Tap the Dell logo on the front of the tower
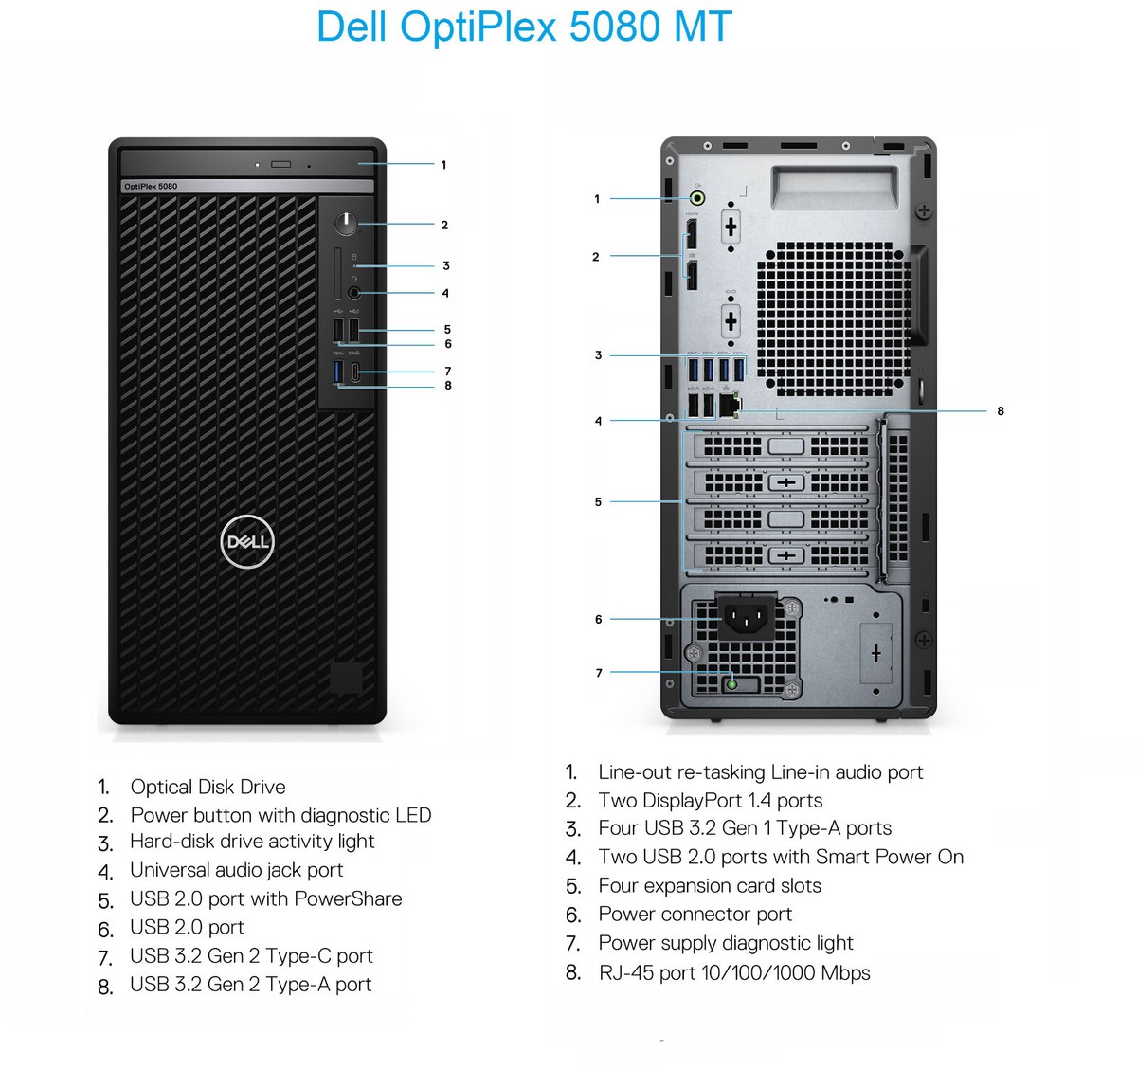point(247,541)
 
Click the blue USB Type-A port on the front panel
point(339,372)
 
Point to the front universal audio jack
point(354,293)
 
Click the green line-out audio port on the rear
point(697,198)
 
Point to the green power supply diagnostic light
point(731,682)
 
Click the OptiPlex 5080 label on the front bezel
point(151,186)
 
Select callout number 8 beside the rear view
point(1000,411)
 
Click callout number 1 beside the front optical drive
point(443,165)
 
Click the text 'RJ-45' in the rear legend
point(625,972)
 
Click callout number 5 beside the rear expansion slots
point(598,501)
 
